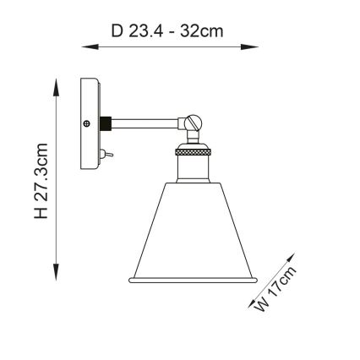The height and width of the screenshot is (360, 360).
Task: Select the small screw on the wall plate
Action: [x=88, y=123]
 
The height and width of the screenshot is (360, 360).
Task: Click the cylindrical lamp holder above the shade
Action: [x=187, y=169]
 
